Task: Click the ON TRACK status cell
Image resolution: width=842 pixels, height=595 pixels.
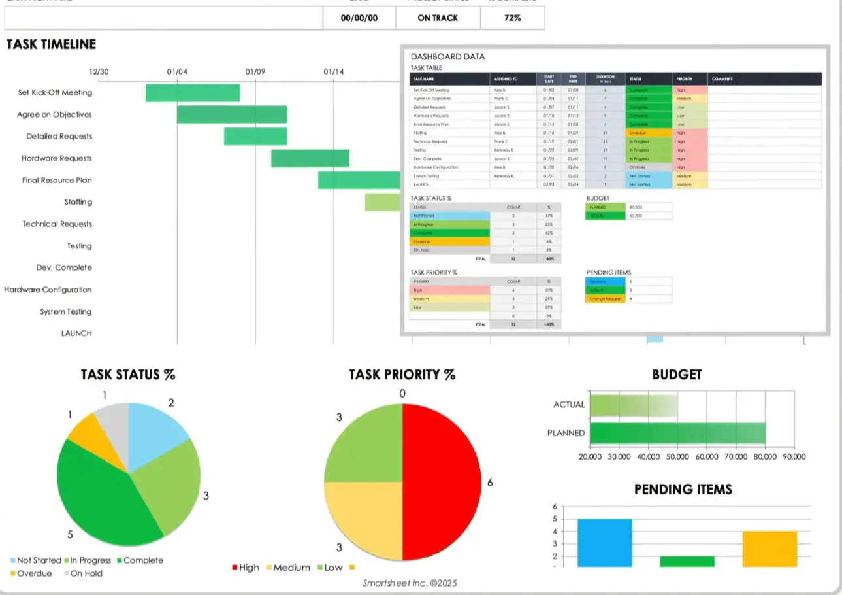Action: point(438,18)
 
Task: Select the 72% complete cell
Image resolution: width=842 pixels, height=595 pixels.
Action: point(512,18)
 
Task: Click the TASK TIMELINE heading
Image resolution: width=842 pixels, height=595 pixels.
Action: point(51,44)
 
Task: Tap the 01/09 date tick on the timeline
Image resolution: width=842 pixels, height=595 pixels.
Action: point(255,71)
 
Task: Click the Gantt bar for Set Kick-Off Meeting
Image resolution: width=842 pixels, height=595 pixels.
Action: point(192,93)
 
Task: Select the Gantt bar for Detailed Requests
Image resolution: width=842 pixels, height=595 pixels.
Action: point(255,137)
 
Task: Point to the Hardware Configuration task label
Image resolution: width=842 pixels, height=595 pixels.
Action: point(48,290)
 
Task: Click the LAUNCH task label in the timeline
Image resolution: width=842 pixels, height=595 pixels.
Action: point(76,333)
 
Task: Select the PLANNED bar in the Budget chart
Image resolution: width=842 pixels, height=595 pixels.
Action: point(677,433)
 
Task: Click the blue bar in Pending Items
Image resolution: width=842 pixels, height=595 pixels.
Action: point(605,543)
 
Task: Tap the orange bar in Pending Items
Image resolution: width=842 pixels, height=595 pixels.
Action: point(769,549)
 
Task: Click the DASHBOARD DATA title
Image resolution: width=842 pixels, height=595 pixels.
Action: point(447,57)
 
